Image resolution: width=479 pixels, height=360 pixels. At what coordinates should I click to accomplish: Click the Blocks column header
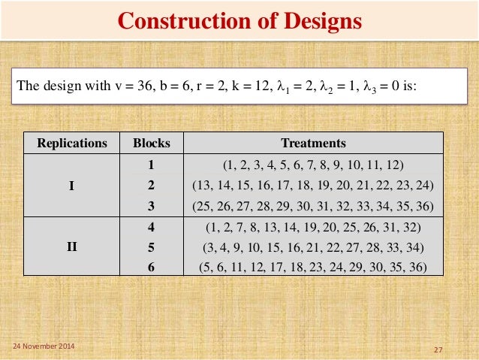click(152, 143)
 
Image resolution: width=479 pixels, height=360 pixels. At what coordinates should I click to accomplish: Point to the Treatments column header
click(313, 143)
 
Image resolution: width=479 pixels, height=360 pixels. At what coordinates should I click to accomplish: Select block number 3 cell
click(152, 205)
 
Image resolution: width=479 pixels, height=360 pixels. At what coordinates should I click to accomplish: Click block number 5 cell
click(152, 247)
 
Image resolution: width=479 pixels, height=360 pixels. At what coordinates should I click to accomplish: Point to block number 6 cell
click(152, 266)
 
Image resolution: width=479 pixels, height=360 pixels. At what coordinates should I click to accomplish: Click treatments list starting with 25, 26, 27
click(313, 205)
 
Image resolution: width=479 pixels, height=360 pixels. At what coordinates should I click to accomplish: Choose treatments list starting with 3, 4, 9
click(313, 247)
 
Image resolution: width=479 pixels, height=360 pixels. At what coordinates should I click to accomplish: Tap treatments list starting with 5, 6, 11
click(313, 266)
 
